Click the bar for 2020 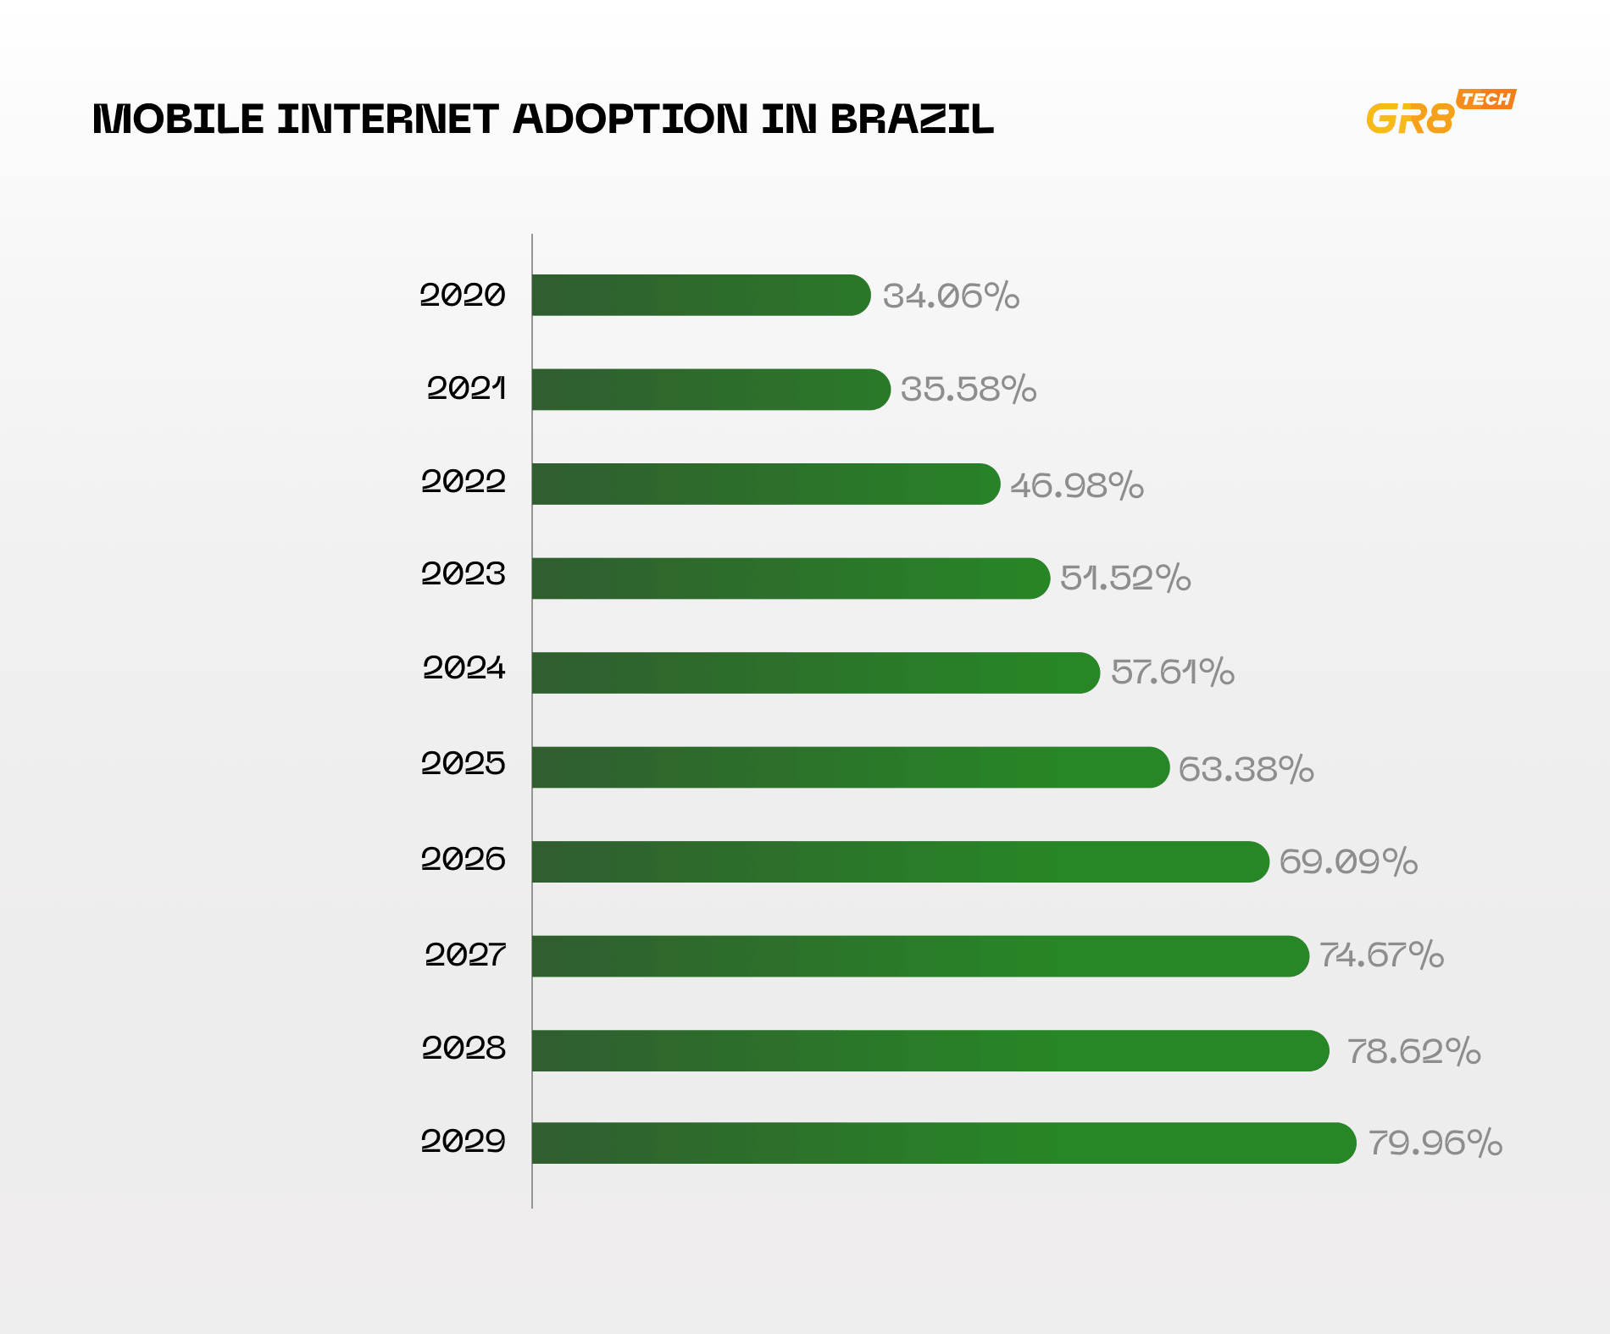click(x=701, y=296)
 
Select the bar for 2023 click(x=791, y=578)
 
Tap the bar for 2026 click(x=900, y=861)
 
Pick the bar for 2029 click(x=943, y=1143)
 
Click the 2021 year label click(x=466, y=389)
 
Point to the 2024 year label click(x=464, y=668)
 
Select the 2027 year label click(x=464, y=955)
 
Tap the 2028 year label click(x=464, y=1049)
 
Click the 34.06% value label click(x=951, y=296)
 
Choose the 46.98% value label click(x=1076, y=486)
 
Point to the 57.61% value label click(x=1172, y=673)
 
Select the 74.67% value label click(x=1381, y=955)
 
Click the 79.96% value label click(x=1435, y=1143)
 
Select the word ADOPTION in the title click(x=630, y=119)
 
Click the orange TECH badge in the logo click(x=1486, y=99)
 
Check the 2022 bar click(x=765, y=484)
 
